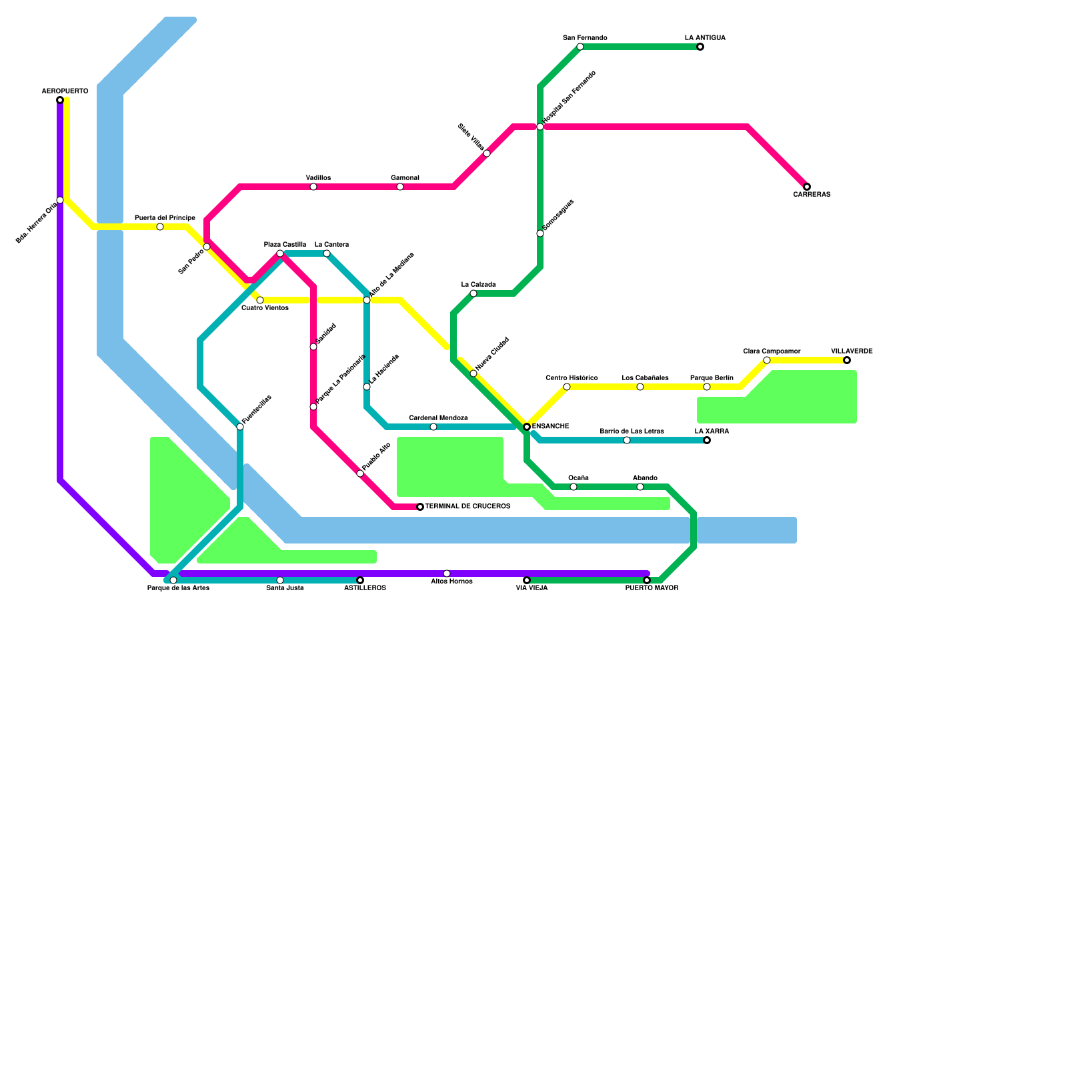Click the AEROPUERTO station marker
60,100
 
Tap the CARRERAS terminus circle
807,187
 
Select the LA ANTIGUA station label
705,38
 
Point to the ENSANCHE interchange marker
527,427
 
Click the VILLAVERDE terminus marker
847,360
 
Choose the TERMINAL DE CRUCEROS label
467,507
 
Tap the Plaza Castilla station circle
280,253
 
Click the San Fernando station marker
580,47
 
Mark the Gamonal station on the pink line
400,187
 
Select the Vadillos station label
318,178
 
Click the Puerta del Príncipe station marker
160,227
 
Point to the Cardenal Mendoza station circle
433,427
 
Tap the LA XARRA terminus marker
707,440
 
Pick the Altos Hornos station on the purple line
447,574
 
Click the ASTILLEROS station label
365,588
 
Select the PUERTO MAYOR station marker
647,580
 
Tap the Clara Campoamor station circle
767,360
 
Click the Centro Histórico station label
572,378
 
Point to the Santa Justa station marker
280,580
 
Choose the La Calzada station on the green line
473,293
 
